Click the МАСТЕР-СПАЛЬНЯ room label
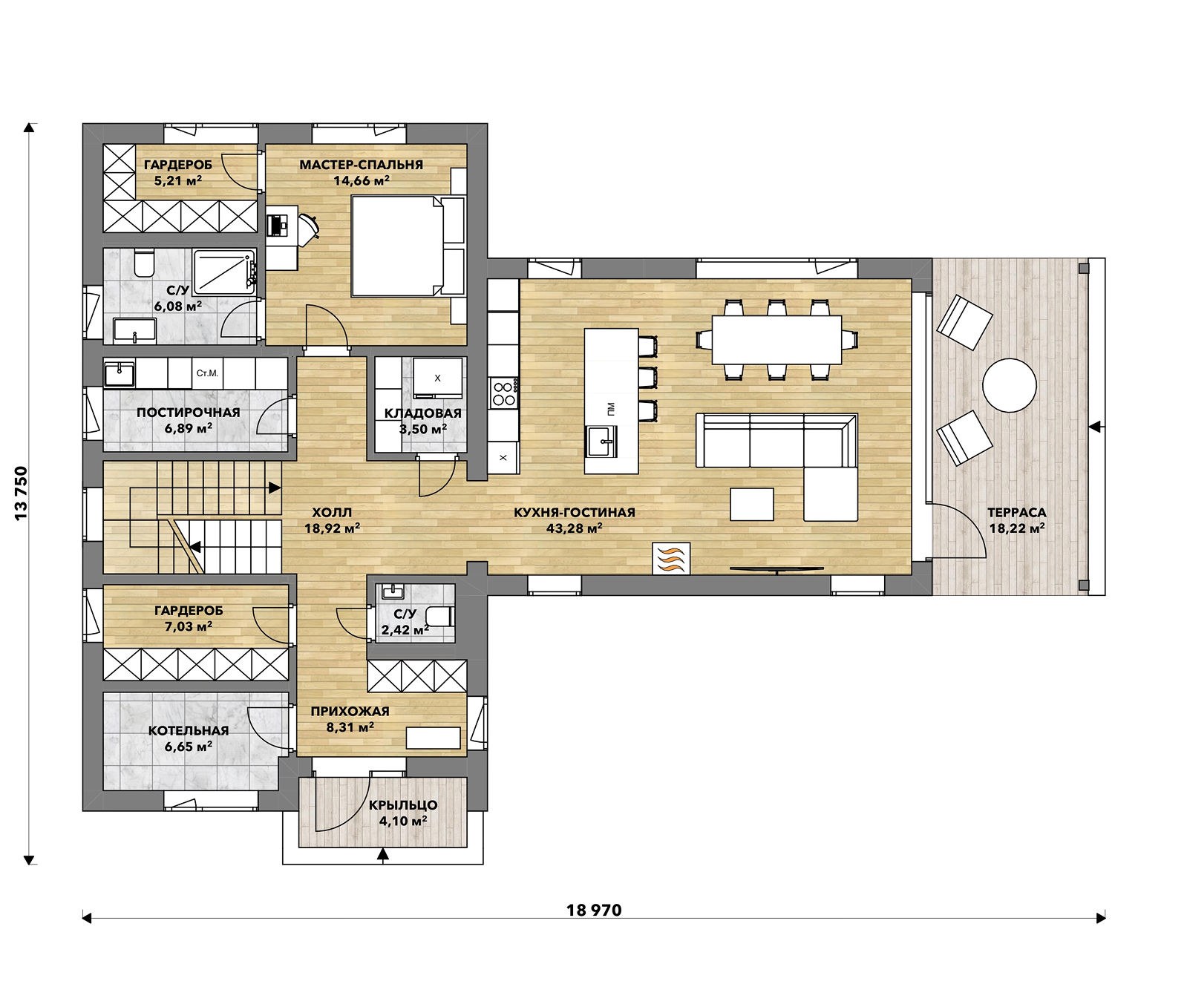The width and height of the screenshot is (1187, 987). point(361,165)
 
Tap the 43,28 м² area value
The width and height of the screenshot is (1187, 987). point(574,528)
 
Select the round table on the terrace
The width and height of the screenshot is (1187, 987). point(1009,385)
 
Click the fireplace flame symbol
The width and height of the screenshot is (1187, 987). point(672,558)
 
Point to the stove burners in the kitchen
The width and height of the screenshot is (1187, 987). point(504,393)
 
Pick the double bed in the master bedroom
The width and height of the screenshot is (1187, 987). point(407,246)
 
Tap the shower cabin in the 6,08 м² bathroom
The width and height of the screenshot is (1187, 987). point(223,269)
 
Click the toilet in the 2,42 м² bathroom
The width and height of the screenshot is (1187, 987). point(439,616)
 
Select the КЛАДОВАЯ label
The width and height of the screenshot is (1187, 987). point(422,413)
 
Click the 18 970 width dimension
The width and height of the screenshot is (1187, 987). point(594,910)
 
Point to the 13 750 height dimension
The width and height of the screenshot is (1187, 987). point(21,493)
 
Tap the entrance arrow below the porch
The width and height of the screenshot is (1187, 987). point(383,856)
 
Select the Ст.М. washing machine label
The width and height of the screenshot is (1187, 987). point(207,373)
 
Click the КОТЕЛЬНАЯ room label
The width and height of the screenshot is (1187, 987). point(189,730)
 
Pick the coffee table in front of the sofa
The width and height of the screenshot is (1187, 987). point(752,504)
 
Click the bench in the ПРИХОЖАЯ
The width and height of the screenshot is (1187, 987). point(433,738)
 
